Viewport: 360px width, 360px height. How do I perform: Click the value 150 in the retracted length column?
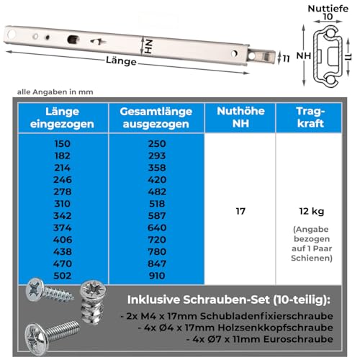tap(63, 144)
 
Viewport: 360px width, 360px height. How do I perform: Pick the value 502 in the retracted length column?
tap(63, 274)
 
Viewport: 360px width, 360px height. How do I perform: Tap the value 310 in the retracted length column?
tap(63, 203)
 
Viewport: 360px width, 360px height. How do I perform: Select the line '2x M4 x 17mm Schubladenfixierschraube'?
tap(234, 317)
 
